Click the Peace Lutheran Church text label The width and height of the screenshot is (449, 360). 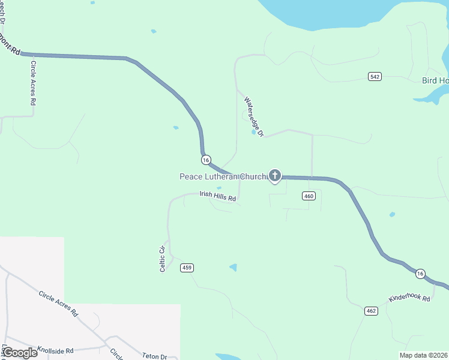(x=223, y=176)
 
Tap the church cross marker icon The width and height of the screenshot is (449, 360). (x=275, y=176)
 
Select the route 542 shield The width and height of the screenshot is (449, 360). (x=375, y=76)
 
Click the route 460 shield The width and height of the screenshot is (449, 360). (x=309, y=196)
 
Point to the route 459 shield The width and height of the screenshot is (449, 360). (x=187, y=268)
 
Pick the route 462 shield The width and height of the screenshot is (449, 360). (x=370, y=310)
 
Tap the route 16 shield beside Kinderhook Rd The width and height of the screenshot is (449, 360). (x=420, y=274)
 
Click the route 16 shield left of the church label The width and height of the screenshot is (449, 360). (x=206, y=160)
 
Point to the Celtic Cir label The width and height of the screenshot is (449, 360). (x=162, y=259)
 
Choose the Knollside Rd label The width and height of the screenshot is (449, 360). (x=55, y=350)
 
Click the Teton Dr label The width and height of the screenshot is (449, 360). (x=154, y=356)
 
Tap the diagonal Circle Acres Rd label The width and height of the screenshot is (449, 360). (x=58, y=303)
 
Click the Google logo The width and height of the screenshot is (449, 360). (x=20, y=352)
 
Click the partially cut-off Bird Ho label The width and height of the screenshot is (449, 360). (x=435, y=80)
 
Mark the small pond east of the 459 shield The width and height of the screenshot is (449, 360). (x=233, y=268)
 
